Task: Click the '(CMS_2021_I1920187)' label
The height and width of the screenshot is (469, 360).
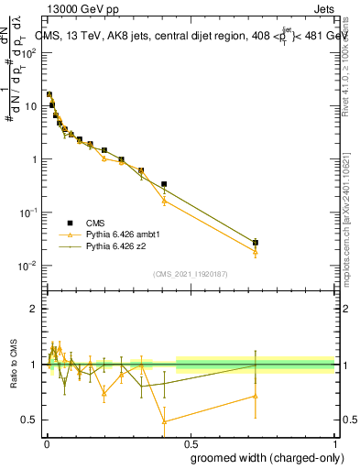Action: click(190, 274)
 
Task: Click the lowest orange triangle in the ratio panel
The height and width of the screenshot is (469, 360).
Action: click(164, 421)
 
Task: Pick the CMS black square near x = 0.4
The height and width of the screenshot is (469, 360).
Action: click(164, 184)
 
